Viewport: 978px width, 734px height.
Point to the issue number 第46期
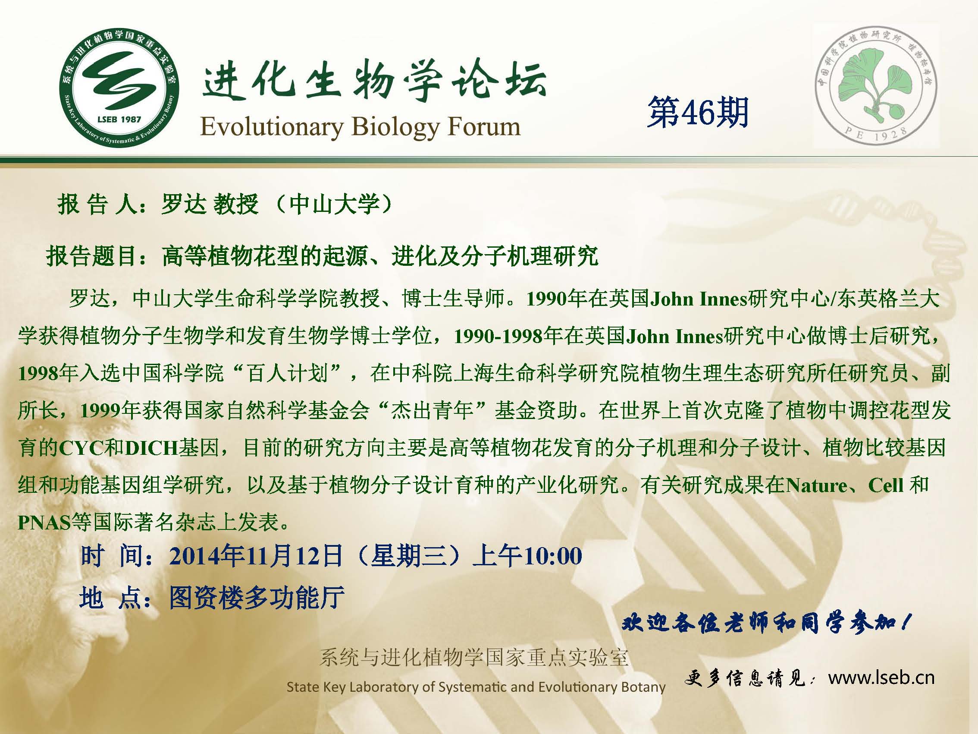click(698, 113)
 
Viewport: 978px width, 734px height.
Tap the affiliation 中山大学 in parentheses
click(334, 205)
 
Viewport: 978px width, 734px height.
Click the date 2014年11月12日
click(256, 556)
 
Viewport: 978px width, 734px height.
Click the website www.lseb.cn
click(881, 678)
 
